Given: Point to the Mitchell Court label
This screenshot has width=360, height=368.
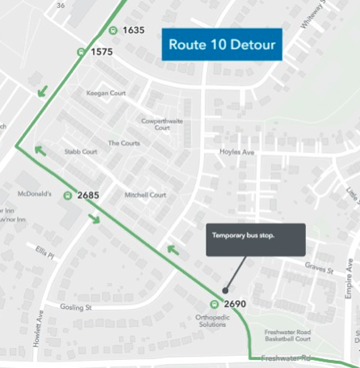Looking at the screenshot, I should [x=146, y=195].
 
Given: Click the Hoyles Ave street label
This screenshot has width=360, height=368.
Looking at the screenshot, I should [x=237, y=152].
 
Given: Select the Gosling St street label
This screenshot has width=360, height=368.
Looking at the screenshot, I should [x=77, y=307].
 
